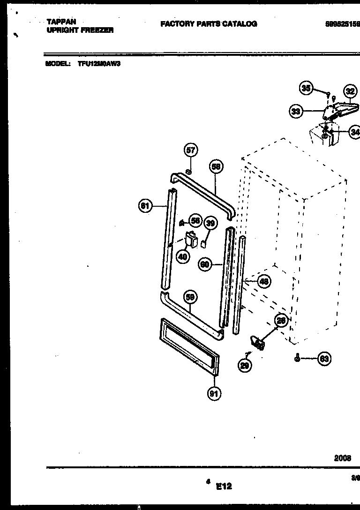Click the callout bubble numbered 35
click(306, 88)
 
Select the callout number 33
click(295, 111)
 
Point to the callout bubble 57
click(190, 150)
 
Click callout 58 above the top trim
click(216, 166)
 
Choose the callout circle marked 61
click(145, 205)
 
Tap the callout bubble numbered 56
click(195, 221)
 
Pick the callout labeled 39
click(210, 224)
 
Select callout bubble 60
click(205, 264)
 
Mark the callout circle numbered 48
click(264, 281)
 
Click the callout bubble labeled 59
click(190, 297)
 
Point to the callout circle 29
click(245, 365)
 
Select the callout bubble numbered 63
click(323, 359)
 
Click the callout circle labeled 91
click(214, 394)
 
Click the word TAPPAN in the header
click(61, 22)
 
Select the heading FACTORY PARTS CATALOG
click(209, 24)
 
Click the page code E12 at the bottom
click(224, 487)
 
